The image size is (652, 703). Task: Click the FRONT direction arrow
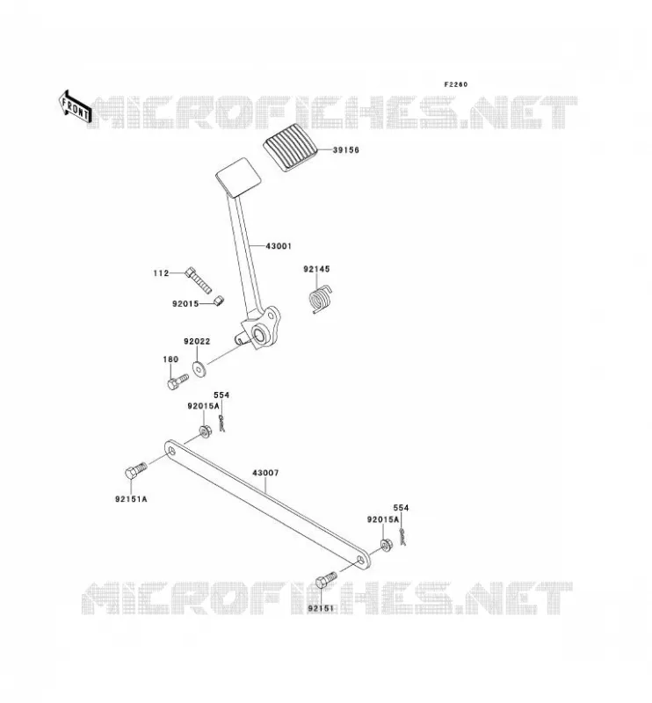click(75, 106)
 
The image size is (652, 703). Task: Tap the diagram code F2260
click(455, 84)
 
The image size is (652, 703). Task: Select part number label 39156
click(345, 150)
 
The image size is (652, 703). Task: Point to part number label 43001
click(279, 246)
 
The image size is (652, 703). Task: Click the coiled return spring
click(321, 298)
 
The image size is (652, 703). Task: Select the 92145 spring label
click(316, 269)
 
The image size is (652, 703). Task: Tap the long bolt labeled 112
click(198, 280)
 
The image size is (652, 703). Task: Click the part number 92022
click(197, 341)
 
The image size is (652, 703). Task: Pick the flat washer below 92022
click(199, 369)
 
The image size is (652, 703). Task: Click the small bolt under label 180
click(177, 382)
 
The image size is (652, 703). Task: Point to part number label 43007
click(265, 473)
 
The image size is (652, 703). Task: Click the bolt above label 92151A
click(135, 470)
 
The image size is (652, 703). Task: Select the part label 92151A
click(131, 499)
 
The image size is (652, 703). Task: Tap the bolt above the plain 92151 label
click(326, 580)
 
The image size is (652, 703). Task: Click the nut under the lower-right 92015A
click(386, 546)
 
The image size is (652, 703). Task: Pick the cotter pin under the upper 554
click(221, 424)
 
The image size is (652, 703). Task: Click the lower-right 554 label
click(401, 508)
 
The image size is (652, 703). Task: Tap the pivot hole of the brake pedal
click(258, 335)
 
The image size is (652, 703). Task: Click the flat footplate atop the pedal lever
click(238, 178)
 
